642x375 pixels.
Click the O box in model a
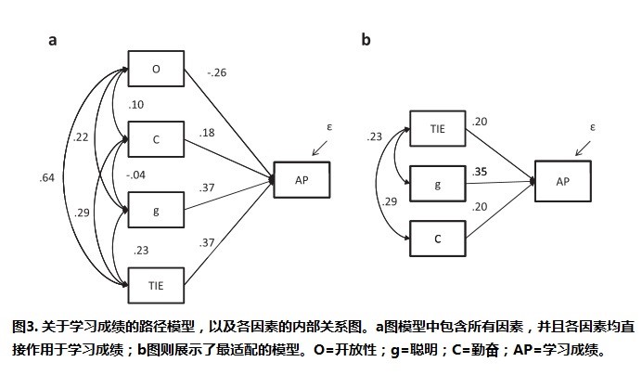pyautogui.click(x=155, y=70)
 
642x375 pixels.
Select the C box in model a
pyautogui.click(x=155, y=140)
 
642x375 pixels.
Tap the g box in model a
pyautogui.click(x=155, y=211)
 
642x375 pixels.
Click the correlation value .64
pyautogui.click(x=47, y=177)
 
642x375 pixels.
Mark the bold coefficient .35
pyautogui.click(x=481, y=173)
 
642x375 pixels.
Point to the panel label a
pyautogui.click(x=53, y=40)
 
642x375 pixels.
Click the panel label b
pyautogui.click(x=366, y=40)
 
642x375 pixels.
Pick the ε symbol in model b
pyautogui.click(x=591, y=126)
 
